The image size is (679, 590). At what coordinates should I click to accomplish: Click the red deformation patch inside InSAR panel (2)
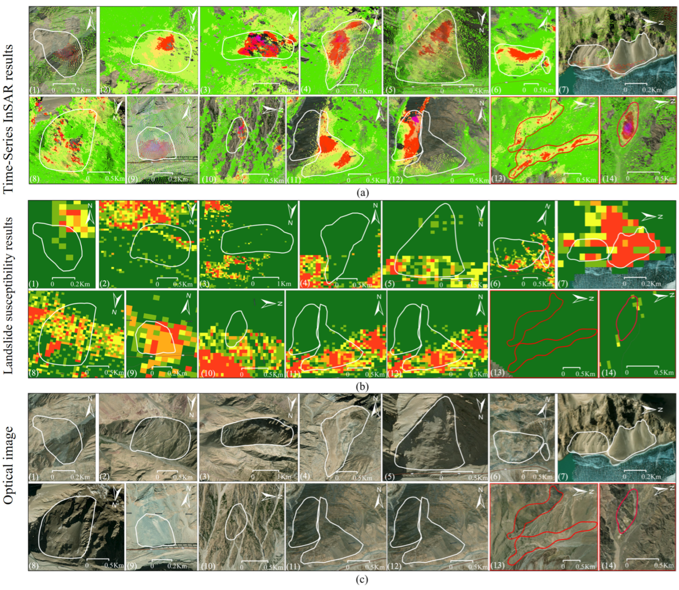pyautogui.click(x=166, y=43)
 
